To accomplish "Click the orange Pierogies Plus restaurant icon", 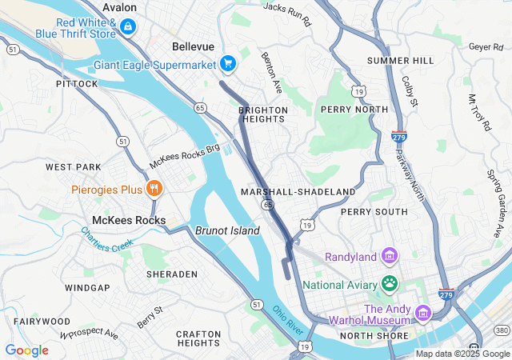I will coord(154,189).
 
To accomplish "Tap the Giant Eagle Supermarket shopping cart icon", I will coord(228,62).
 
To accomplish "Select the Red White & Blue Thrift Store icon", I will coord(127,27).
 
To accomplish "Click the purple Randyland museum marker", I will coord(389,256).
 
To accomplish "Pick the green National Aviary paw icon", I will coord(390,282).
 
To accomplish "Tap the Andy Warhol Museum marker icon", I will coord(422,314).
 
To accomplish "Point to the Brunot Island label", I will coord(227,230).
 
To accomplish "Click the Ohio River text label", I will coord(287,321).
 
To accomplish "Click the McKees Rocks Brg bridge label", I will coord(184,157).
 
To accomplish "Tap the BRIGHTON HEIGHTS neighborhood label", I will coord(262,114).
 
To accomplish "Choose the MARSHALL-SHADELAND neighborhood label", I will coord(298,192).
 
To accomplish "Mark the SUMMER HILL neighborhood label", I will coord(400,61).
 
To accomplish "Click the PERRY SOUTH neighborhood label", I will coord(374,212).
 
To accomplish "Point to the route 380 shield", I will coord(502,330).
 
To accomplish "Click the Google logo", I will coord(26,350).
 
